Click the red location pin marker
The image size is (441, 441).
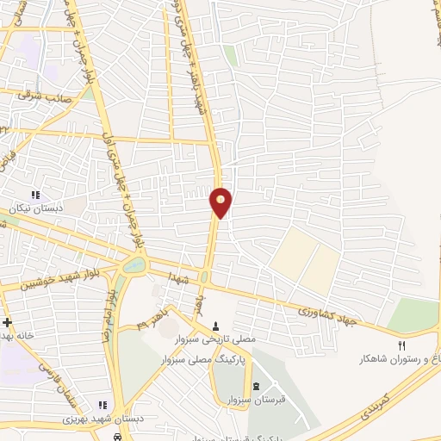[x=220, y=202]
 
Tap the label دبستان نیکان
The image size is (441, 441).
[x=32, y=209]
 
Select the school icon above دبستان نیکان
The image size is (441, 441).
[x=35, y=196]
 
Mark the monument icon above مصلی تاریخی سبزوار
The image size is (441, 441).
[x=215, y=326]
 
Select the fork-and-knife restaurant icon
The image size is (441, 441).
[x=400, y=345]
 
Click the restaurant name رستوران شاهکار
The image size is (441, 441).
[x=396, y=358]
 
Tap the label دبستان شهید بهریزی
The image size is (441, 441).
[x=69, y=419]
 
